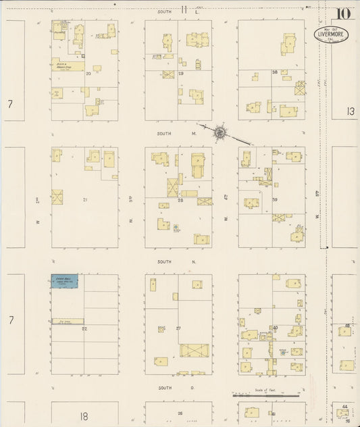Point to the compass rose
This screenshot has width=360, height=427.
220,132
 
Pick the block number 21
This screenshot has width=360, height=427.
85,200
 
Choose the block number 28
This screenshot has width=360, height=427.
180,200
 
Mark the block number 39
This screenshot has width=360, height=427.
275,200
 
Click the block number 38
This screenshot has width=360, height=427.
274,72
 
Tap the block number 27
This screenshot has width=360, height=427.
179,328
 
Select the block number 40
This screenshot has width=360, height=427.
275,328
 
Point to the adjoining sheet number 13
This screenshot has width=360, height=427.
349,111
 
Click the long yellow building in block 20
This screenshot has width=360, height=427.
68,66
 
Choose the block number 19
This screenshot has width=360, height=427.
181,73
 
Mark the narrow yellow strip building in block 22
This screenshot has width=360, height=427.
68,321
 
